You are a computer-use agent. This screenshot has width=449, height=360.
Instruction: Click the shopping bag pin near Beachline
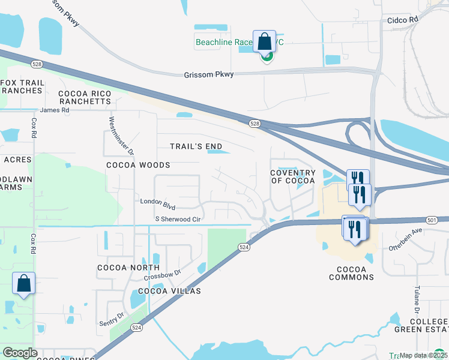pos(264,42)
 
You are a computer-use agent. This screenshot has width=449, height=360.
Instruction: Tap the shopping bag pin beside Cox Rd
pos(23,284)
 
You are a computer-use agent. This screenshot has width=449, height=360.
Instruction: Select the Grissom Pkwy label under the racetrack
pos(208,74)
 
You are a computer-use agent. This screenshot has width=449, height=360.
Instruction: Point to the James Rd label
pos(55,110)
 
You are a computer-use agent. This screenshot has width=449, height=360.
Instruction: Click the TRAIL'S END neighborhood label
pos(196,146)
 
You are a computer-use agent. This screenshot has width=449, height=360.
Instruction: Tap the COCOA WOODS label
pos(138,164)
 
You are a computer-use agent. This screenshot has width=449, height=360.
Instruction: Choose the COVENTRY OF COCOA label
pos(293,177)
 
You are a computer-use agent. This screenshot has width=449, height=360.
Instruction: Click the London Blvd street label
pos(157,204)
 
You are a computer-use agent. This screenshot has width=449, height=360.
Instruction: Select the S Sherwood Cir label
pos(177,220)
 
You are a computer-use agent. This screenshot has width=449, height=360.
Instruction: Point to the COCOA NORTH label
pos(128,268)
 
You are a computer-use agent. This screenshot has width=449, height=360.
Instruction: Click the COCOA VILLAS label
pos(169,291)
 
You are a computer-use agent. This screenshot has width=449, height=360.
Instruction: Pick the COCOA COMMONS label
pos(351,272)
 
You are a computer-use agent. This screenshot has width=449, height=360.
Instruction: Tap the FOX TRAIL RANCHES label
pos(22,86)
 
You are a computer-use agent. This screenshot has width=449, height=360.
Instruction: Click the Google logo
pos(20,353)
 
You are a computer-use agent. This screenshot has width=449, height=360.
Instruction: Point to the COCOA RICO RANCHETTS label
pos(85,98)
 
